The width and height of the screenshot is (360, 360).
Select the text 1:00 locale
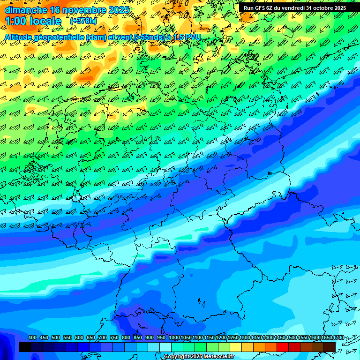[x=33, y=21]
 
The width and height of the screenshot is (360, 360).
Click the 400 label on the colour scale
[x=32, y=338]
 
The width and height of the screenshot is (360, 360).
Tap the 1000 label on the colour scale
[x=174, y=338]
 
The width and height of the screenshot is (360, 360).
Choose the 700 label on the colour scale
[x=103, y=338]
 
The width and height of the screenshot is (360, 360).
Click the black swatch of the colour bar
[x=25, y=347]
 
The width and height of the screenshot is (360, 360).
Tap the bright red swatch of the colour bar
[x=283, y=347]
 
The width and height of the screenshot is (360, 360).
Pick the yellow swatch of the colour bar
[x=236, y=347]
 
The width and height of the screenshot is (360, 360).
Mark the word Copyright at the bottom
[x=176, y=357]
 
